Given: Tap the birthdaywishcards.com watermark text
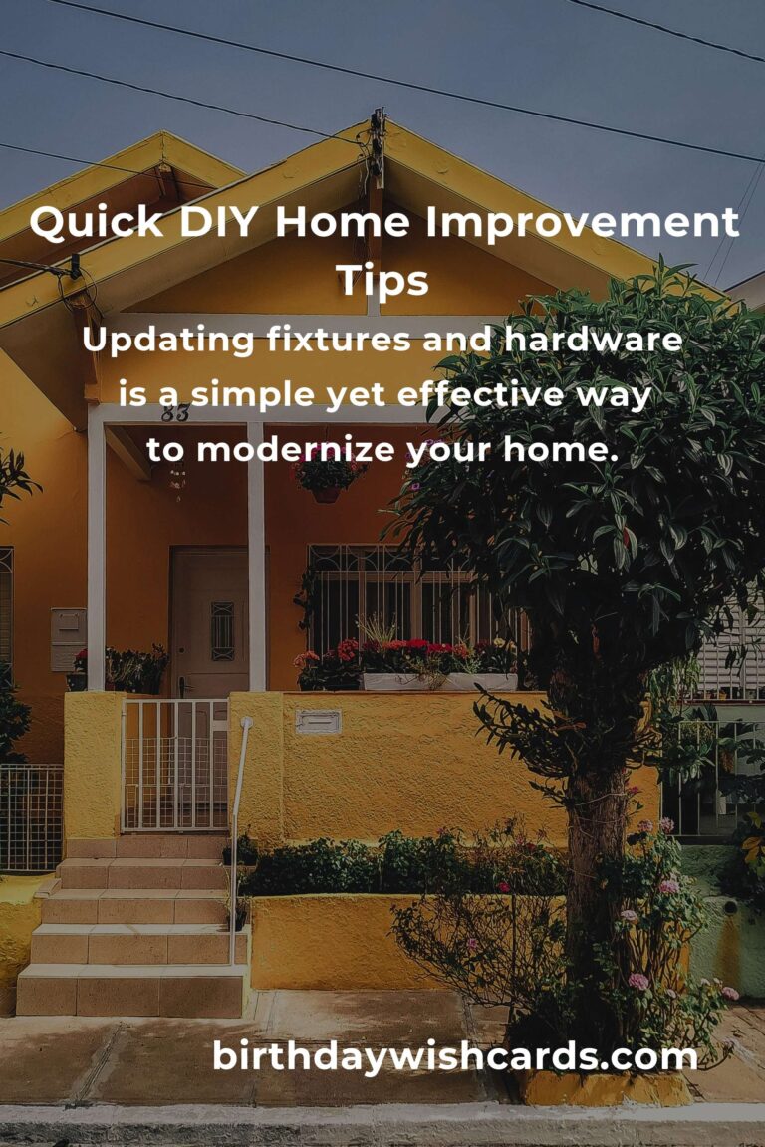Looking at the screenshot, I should [x=454, y=1056].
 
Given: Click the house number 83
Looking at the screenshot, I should [x=175, y=414].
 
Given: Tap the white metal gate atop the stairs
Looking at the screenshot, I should [x=175, y=765].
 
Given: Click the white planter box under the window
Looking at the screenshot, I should [x=438, y=682].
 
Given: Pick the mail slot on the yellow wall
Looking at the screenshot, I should [x=318, y=721].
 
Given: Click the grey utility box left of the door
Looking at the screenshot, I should [x=68, y=638].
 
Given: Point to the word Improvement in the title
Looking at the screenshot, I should [x=582, y=223].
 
